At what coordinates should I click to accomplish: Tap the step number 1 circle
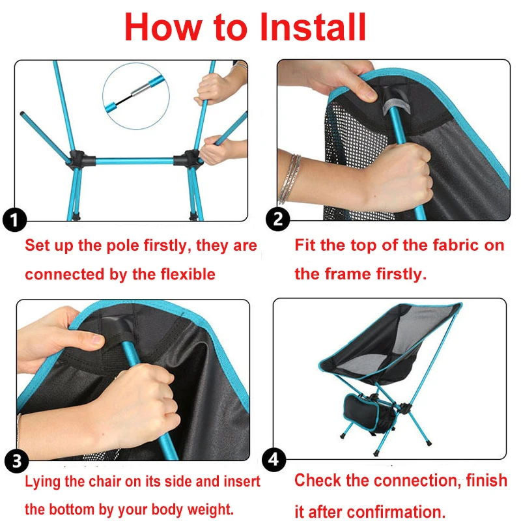14,219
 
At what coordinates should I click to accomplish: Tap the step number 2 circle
279,219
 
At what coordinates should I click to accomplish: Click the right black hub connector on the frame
191,158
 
